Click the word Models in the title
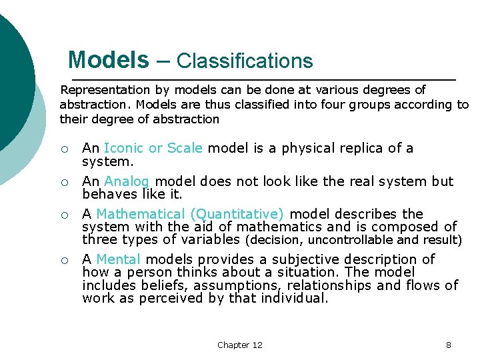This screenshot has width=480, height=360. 109,61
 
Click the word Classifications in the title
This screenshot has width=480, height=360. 244,61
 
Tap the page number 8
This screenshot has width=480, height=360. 449,345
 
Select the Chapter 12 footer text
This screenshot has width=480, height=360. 240,345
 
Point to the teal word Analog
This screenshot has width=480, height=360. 127,181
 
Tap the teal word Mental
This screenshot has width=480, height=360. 119,259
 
